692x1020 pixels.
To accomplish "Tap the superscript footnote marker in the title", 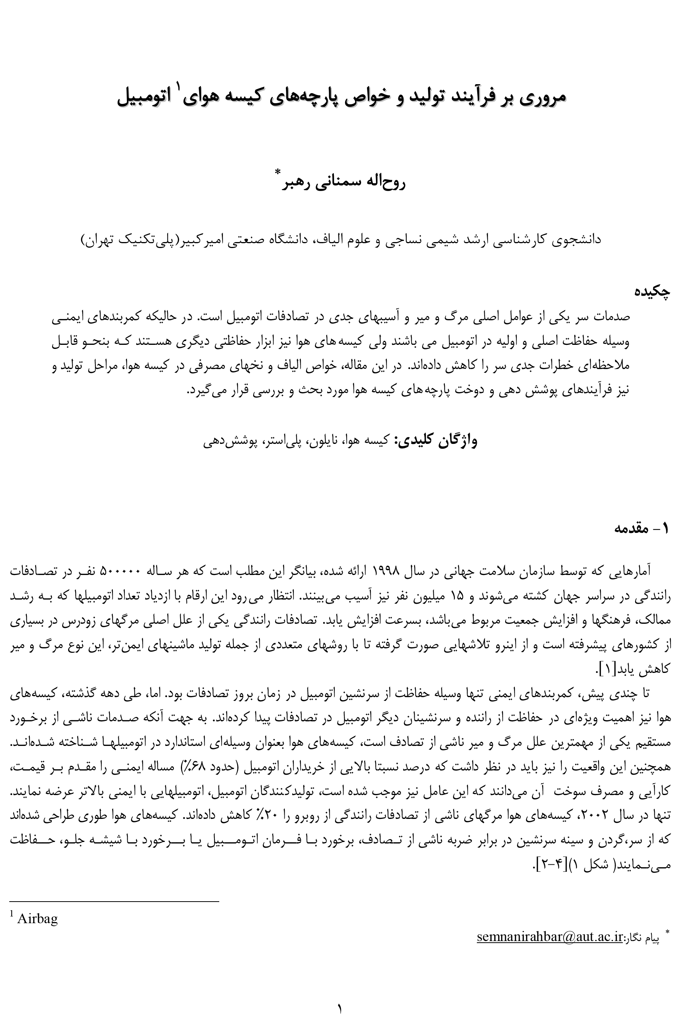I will click(179, 86).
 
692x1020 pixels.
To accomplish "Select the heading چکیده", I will click(653, 292).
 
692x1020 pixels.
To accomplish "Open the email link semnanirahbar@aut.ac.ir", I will click(550, 937).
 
